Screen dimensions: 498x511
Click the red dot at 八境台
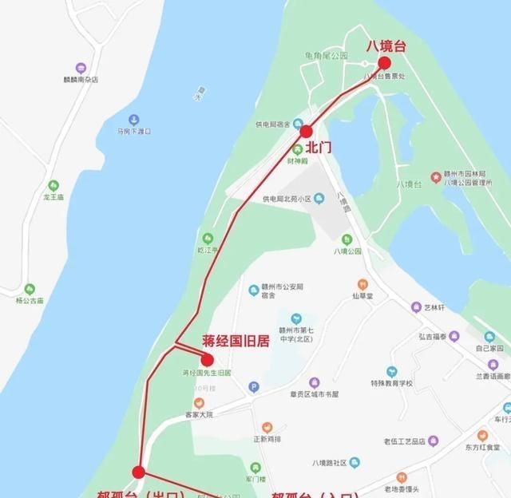click(x=384, y=63)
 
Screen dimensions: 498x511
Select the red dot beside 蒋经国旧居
click(x=208, y=360)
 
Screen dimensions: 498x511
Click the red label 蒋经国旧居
click(x=236, y=341)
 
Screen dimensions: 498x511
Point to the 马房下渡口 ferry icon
click(x=133, y=119)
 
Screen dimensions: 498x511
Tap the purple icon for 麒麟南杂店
click(x=80, y=69)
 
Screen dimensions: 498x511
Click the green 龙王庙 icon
click(x=53, y=186)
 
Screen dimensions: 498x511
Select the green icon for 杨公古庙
click(x=30, y=289)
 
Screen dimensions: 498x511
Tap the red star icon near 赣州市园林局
click(x=436, y=176)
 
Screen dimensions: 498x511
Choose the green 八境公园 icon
click(x=347, y=239)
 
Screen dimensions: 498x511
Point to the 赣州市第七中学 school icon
click(x=296, y=318)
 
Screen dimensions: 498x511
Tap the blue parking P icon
click(x=255, y=387)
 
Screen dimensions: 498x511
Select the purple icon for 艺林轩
click(x=416, y=307)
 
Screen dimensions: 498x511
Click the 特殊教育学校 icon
click(x=391, y=372)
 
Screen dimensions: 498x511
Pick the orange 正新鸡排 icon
click(x=267, y=428)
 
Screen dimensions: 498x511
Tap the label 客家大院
click(x=200, y=414)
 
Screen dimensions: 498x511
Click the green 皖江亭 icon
click(x=208, y=238)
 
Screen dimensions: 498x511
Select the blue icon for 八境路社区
click(x=355, y=463)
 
